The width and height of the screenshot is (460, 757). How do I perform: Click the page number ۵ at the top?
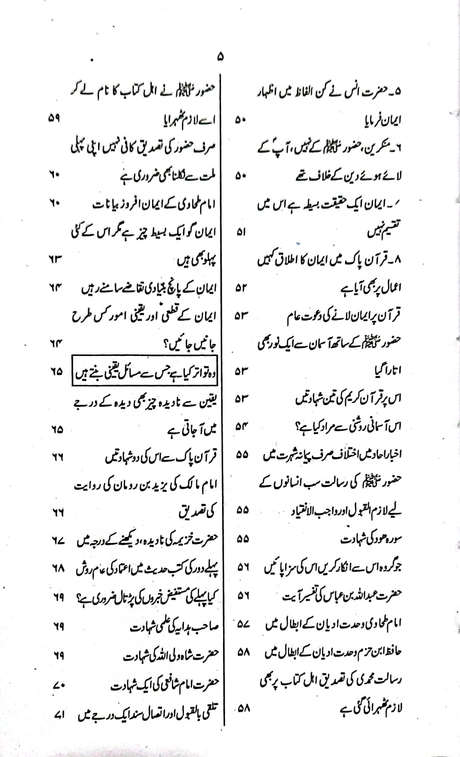pyautogui.click(x=220, y=57)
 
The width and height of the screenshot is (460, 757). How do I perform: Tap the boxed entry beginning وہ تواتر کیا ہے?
pyautogui.click(x=146, y=372)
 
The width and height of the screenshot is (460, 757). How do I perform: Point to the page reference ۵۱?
pyautogui.click(x=241, y=232)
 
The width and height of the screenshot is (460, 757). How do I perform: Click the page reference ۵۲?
pyautogui.click(x=241, y=288)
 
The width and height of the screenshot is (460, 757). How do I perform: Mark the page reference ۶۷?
pyautogui.click(x=58, y=541)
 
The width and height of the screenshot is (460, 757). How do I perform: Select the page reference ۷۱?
pyautogui.click(x=58, y=713)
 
